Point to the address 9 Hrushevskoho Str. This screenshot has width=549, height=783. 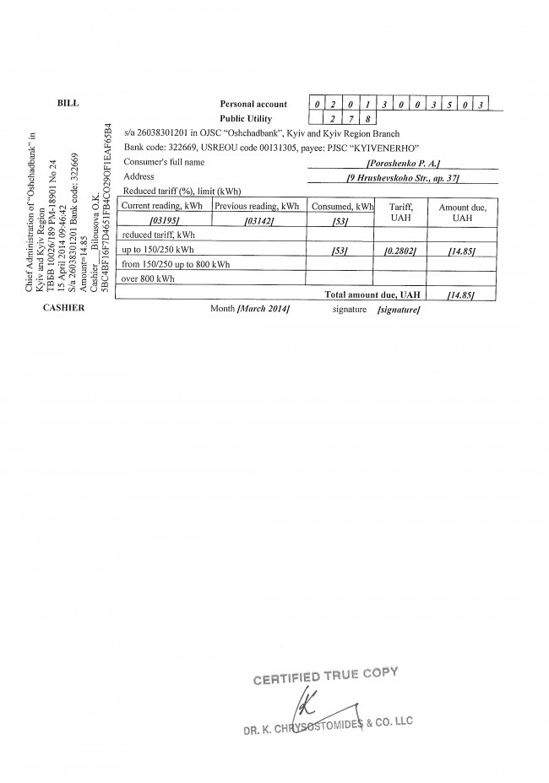402,176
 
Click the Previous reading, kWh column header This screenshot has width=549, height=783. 257,206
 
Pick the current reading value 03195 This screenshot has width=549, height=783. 164,221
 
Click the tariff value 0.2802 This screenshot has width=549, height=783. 400,251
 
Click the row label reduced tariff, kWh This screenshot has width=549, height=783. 159,235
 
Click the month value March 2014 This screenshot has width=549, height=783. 264,310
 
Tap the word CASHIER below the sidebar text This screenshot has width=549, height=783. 67,309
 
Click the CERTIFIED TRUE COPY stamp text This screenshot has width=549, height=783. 326,675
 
